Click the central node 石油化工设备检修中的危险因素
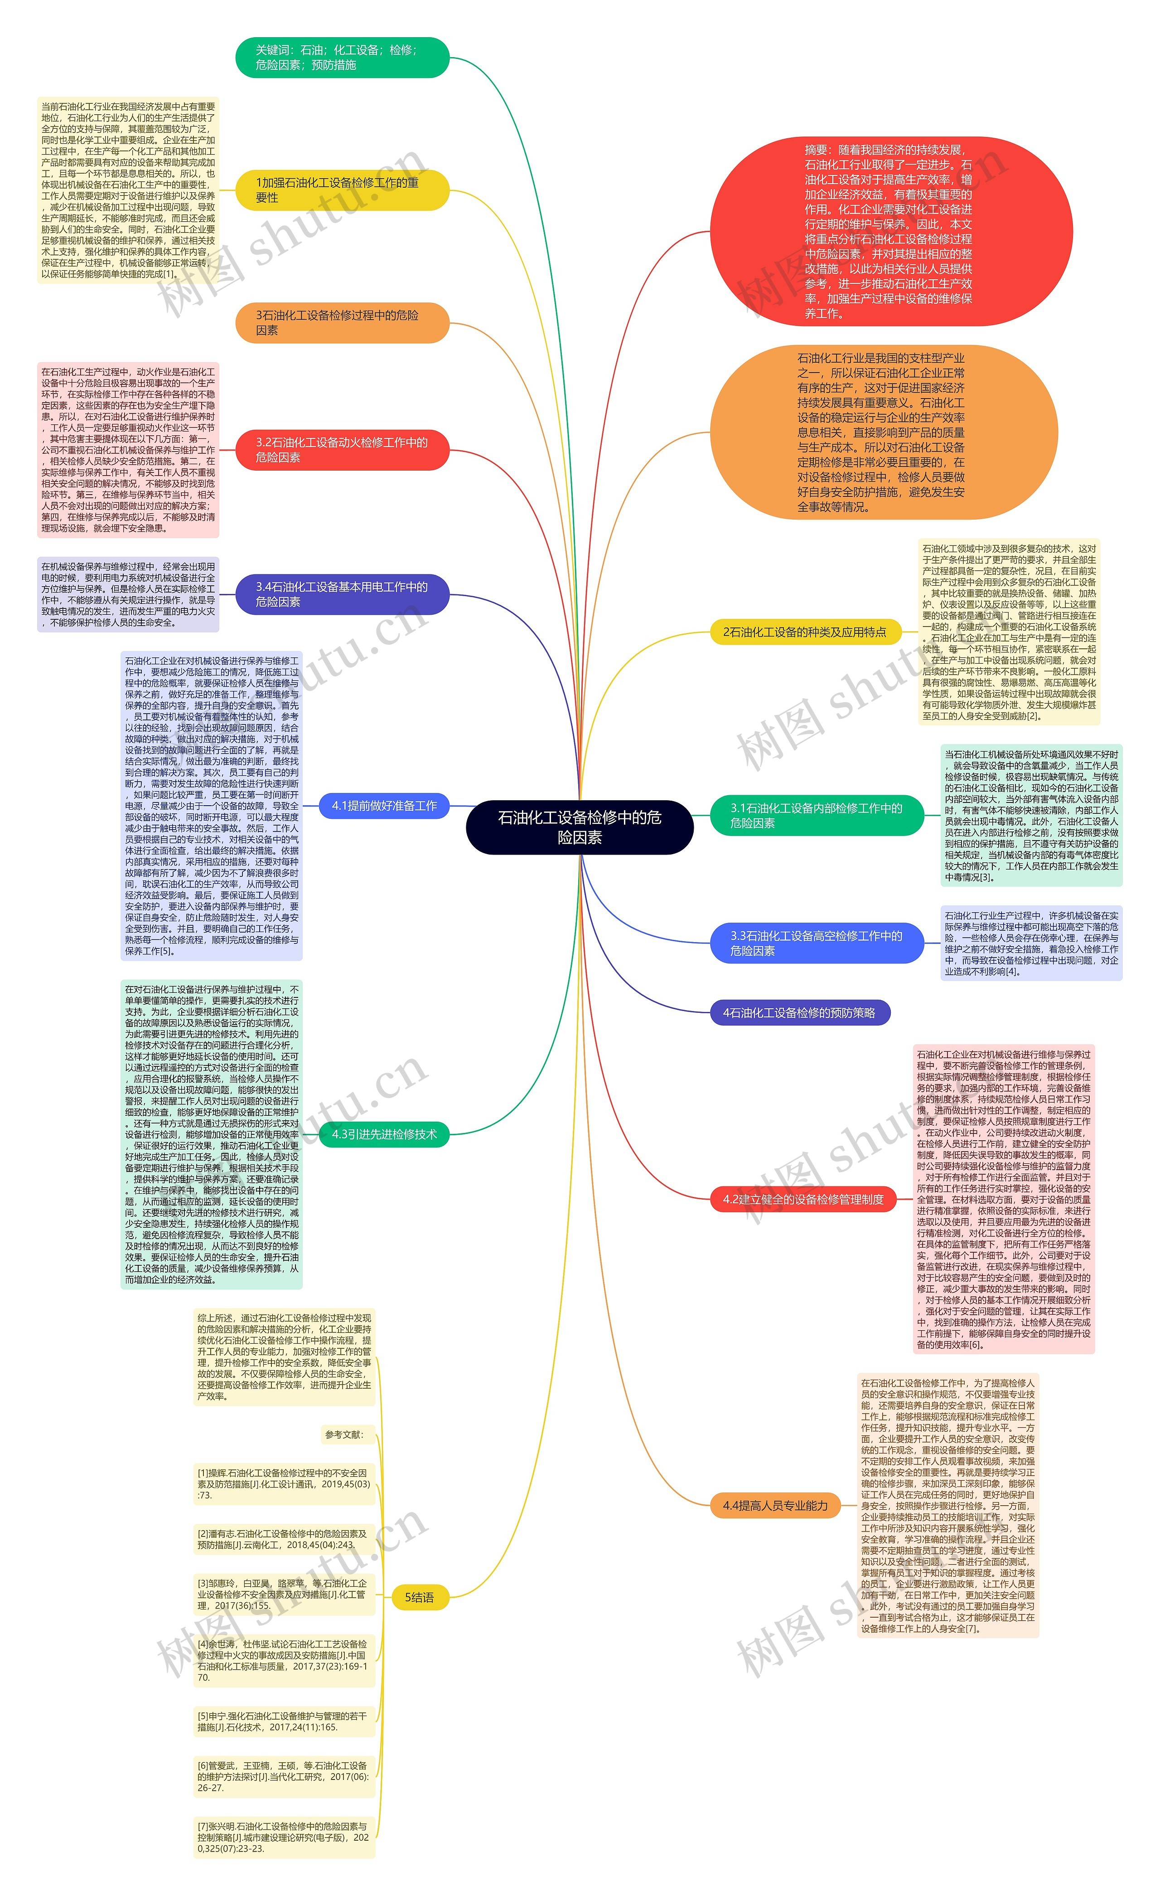click(579, 827)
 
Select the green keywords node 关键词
click(342, 58)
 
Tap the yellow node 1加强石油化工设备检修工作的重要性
click(342, 190)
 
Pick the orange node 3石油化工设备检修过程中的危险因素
click(342, 322)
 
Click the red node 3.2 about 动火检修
click(342, 449)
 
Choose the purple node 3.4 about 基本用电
click(342, 594)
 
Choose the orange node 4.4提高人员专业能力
click(774, 1505)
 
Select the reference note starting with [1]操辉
click(284, 1483)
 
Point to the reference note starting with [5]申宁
click(284, 1721)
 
